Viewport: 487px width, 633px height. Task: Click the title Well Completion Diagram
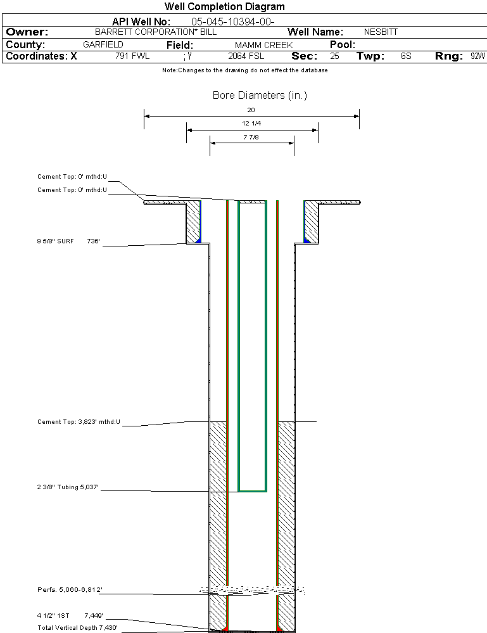(224, 7)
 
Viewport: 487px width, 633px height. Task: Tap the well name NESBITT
(381, 32)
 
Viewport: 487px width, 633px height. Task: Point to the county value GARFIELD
(103, 45)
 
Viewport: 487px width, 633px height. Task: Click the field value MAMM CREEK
(263, 45)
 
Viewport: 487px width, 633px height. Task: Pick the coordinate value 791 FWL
(132, 56)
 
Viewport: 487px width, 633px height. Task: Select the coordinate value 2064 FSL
(246, 56)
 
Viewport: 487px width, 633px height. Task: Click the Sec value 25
(334, 56)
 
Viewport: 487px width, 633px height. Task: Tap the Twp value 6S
(406, 56)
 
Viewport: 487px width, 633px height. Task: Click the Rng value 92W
(478, 56)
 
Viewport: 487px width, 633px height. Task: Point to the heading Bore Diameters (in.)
(260, 96)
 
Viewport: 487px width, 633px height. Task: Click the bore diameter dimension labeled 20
(251, 110)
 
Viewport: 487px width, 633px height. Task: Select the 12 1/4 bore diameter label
(251, 123)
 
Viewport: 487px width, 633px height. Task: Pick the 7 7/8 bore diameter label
(251, 136)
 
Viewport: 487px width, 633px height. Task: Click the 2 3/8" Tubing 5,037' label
(68, 487)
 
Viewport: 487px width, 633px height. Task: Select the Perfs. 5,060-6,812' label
(70, 590)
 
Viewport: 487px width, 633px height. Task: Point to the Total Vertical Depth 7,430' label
(77, 627)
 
